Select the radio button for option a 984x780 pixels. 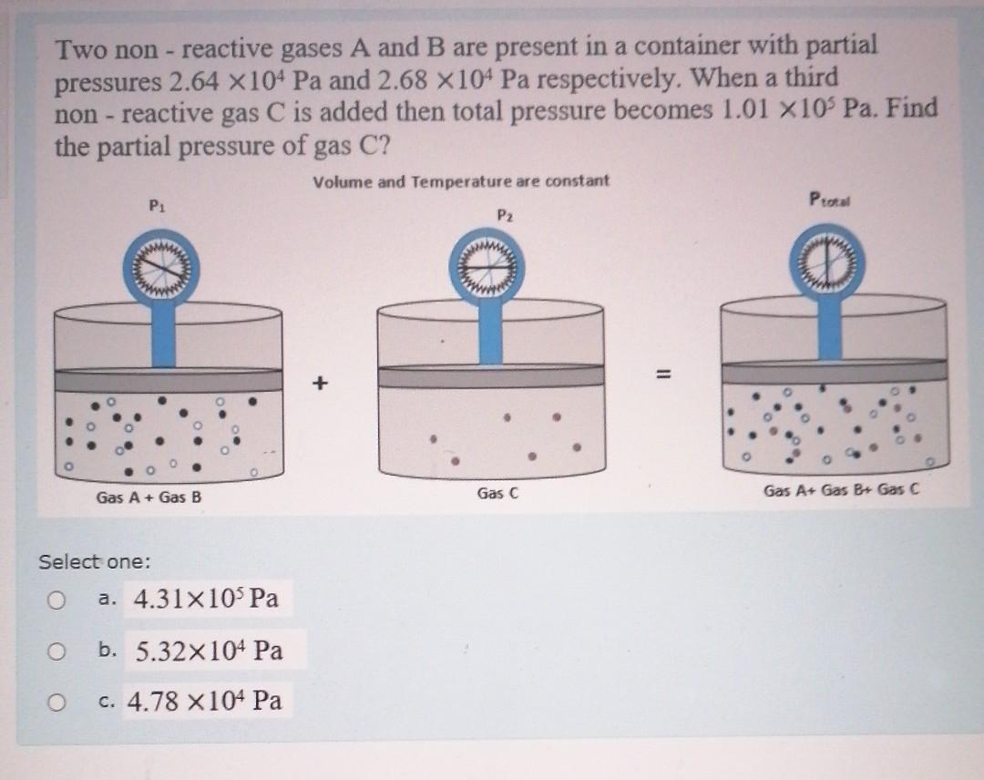click(57, 600)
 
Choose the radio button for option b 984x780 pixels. click(57, 652)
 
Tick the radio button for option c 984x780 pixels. click(57, 703)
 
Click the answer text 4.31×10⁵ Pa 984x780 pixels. click(206, 600)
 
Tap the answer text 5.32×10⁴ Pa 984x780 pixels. click(209, 651)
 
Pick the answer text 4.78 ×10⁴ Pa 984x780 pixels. click(204, 701)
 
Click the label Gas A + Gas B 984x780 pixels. click(149, 498)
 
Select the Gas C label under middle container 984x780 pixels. click(497, 494)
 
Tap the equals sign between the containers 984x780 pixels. click(662, 375)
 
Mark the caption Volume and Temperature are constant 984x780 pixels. click(461, 181)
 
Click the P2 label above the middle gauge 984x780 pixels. click(507, 214)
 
